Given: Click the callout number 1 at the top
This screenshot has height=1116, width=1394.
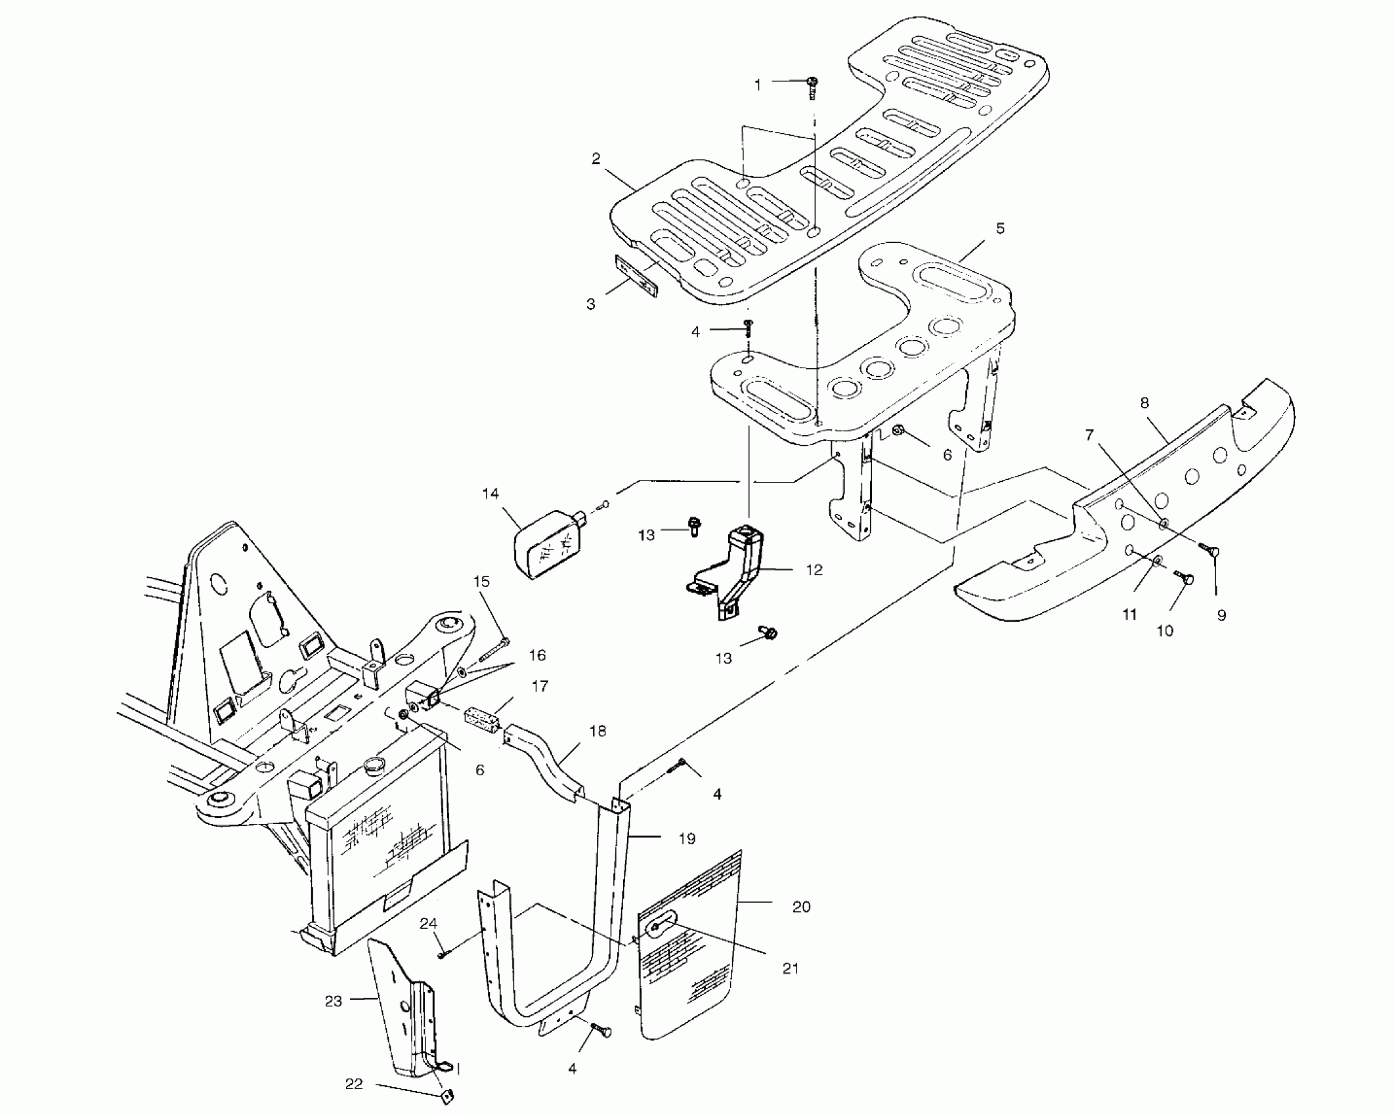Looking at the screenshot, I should tap(758, 85).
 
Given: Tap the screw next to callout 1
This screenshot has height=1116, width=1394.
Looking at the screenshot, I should tap(813, 87).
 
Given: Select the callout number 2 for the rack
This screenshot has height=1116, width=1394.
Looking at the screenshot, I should tap(596, 160).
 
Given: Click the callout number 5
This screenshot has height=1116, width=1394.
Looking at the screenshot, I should tap(1000, 229).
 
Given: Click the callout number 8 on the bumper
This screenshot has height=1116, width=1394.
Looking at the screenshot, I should tap(1144, 403).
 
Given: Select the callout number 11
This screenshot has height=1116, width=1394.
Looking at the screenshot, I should tap(1129, 614).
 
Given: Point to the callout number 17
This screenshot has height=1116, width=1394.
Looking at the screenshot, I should tap(540, 686).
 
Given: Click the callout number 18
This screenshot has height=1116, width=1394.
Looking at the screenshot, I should tap(598, 731).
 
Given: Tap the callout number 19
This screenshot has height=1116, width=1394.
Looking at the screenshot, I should tap(687, 838).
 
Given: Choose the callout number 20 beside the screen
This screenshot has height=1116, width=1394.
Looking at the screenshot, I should tap(802, 907).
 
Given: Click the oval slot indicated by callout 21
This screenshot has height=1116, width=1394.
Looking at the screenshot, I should tap(658, 926).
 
